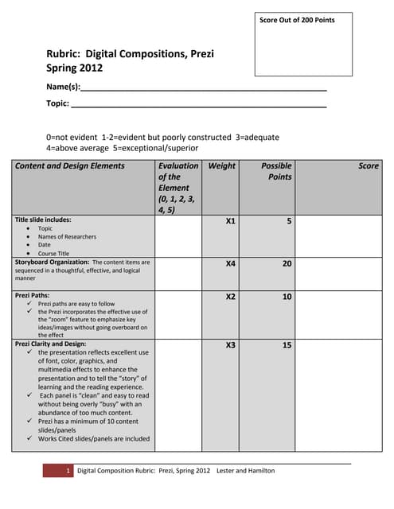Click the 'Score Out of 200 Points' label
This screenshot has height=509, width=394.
click(297, 20)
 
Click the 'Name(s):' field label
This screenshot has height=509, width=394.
click(63, 86)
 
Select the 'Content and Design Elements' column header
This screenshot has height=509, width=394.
click(70, 166)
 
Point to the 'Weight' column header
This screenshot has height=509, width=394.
click(222, 166)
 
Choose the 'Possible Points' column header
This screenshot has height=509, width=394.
click(277, 171)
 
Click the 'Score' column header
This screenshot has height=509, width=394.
click(369, 166)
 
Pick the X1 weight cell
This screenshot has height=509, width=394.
click(230, 222)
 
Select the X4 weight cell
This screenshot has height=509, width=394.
click(230, 262)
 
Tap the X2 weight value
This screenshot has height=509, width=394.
click(230, 297)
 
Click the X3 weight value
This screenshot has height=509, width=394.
click(230, 345)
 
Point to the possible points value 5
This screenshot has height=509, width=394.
click(289, 222)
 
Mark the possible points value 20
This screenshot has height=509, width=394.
click(287, 262)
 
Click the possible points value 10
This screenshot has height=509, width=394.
click(287, 297)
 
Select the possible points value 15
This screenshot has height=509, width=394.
click(287, 345)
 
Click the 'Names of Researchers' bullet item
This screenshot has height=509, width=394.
click(67, 236)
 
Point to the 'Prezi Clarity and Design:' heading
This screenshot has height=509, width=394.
click(50, 344)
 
